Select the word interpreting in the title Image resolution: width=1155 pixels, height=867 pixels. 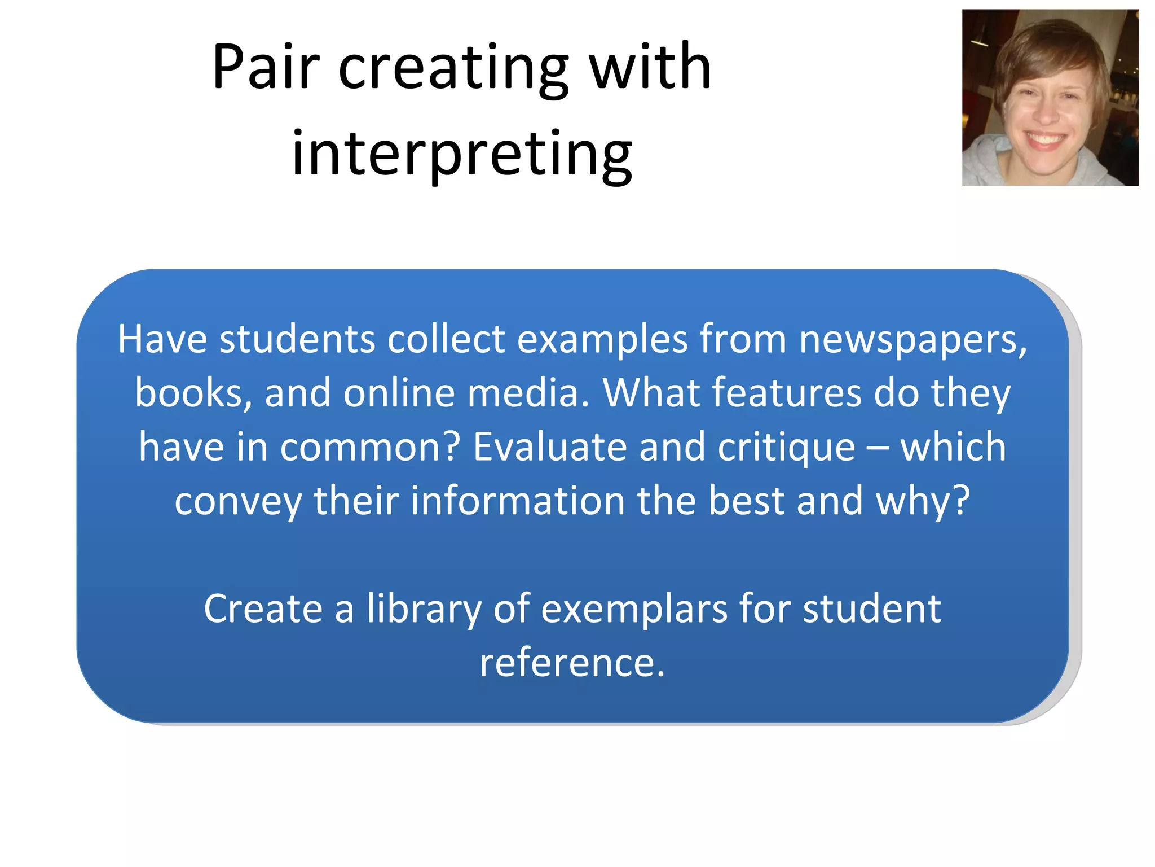point(462,154)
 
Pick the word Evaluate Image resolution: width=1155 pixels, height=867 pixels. point(549,447)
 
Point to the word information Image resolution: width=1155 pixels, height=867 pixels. point(517,501)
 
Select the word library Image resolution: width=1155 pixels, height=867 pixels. point(424,609)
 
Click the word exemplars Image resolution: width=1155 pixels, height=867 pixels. point(634,609)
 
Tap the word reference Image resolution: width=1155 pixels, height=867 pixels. point(572,663)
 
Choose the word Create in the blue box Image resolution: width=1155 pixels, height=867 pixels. point(263,609)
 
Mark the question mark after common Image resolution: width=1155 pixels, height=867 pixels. point(451,447)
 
